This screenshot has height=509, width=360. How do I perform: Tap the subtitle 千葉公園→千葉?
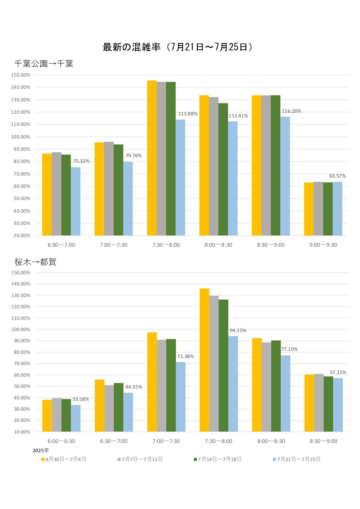tap(44, 64)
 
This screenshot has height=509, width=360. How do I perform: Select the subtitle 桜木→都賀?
tap(35, 262)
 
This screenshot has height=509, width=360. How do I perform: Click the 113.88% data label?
tap(188, 114)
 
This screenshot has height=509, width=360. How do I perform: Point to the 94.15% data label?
tap(238, 330)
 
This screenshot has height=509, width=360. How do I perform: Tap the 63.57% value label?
tap(337, 176)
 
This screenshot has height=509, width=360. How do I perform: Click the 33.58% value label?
tap(81, 399)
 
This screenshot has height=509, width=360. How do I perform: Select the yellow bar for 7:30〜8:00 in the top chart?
tap(152, 158)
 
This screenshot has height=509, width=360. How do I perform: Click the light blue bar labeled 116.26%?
tap(285, 176)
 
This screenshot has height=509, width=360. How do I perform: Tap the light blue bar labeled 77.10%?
tap(285, 393)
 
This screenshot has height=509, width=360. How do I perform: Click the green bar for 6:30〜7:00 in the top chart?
tap(66, 195)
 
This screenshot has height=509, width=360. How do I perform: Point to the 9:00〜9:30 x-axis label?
tap(323, 245)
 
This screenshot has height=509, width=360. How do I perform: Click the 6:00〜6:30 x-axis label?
tap(61, 441)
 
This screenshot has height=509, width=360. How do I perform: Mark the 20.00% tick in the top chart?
tap(22, 235)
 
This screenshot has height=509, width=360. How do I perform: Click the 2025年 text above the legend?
tap(41, 450)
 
